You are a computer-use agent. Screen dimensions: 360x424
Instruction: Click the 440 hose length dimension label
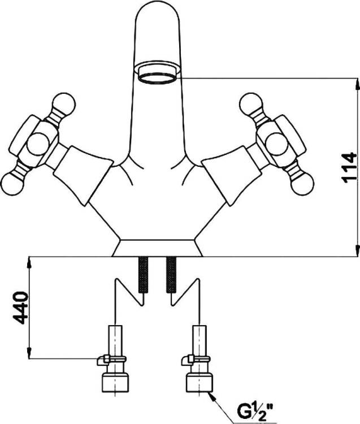point(20,308)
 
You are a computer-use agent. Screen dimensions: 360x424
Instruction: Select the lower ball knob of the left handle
point(12,184)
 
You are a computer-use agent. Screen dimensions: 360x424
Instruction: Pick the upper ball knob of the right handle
point(251,105)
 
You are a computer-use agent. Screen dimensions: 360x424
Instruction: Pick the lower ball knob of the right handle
point(302,184)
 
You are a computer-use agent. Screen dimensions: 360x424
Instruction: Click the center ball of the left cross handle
point(39,144)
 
